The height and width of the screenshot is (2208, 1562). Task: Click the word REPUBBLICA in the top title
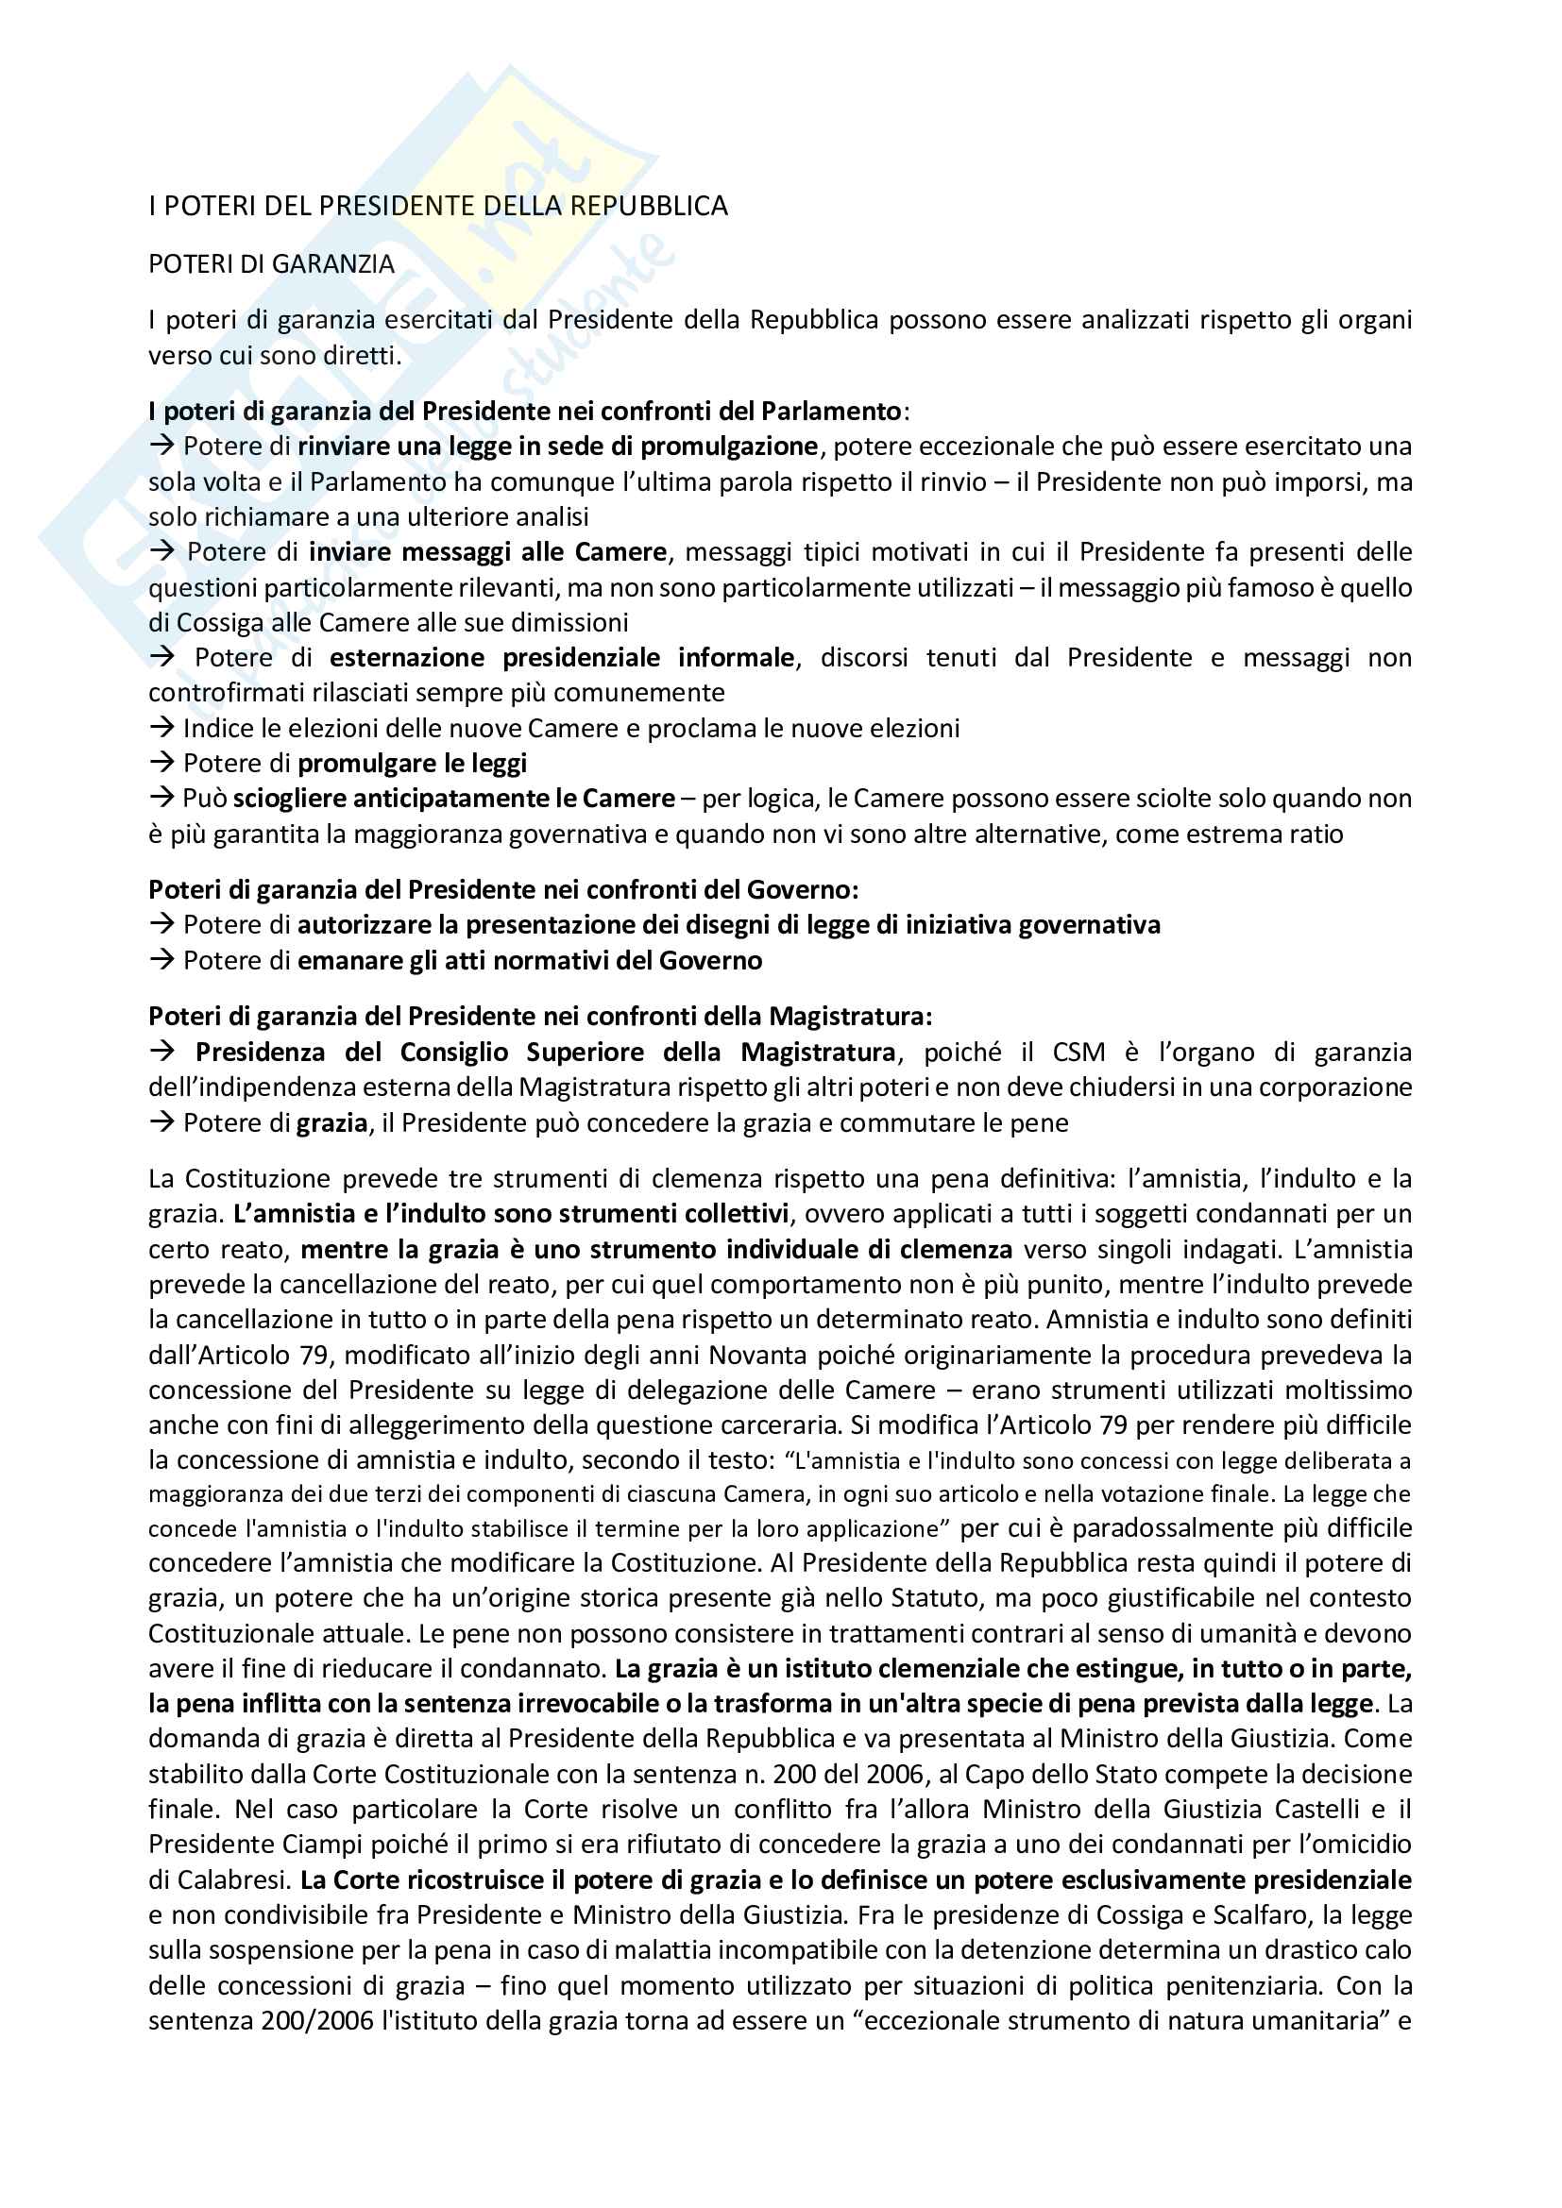(x=649, y=206)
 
